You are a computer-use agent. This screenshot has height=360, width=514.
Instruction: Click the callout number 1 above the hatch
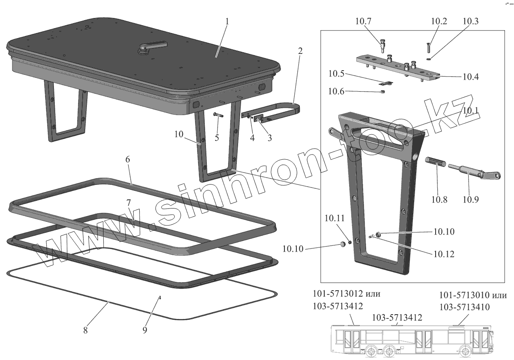(227, 21)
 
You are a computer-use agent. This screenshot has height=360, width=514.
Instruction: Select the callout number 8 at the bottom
(86, 330)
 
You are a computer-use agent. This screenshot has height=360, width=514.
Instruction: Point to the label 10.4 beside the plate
(470, 77)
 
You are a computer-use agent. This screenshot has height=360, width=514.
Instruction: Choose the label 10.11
(335, 218)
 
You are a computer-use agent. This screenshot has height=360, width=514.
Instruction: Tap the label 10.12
(443, 254)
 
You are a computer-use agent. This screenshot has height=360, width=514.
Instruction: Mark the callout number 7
(128, 201)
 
